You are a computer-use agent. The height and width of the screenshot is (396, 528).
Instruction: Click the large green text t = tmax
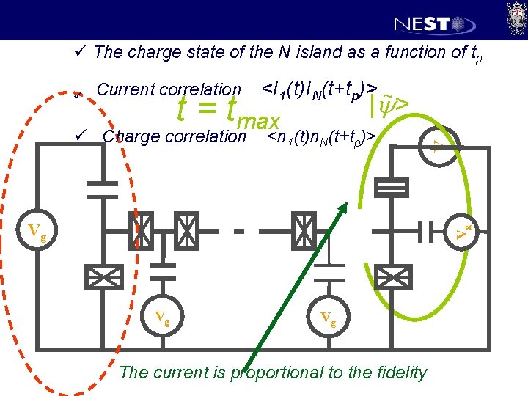[229, 112]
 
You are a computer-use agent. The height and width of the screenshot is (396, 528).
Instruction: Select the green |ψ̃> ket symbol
[388, 106]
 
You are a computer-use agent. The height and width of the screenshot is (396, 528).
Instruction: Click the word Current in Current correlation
[125, 89]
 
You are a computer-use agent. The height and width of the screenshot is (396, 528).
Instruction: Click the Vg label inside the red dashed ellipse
[37, 234]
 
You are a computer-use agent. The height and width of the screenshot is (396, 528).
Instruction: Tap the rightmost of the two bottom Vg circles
[329, 318]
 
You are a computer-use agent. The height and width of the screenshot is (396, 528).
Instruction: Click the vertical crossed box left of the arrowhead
[303, 232]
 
